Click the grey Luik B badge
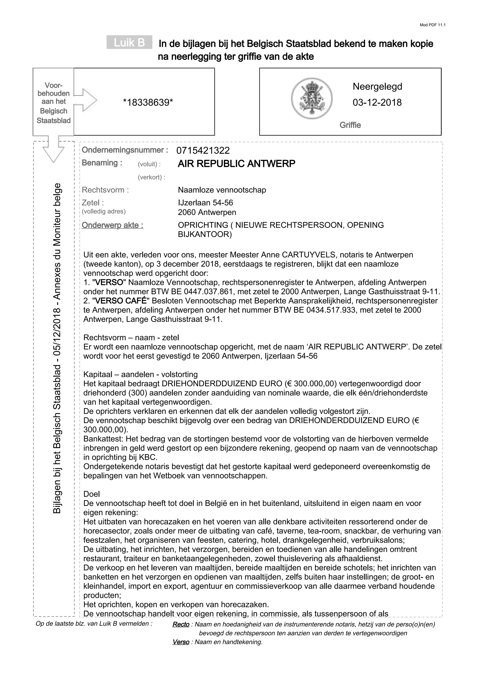coord(129,42)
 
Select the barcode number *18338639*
coord(148,103)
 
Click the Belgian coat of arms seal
coord(312,98)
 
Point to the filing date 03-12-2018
coord(377,103)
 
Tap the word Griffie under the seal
coord(350,125)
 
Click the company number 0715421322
coord(203,151)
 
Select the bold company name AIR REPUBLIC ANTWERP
coord(236,164)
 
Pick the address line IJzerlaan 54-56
coord(205,203)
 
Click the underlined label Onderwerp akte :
coord(112,225)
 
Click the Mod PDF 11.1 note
coord(432,25)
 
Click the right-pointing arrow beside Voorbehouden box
coord(88,100)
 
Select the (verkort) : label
coord(151,177)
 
